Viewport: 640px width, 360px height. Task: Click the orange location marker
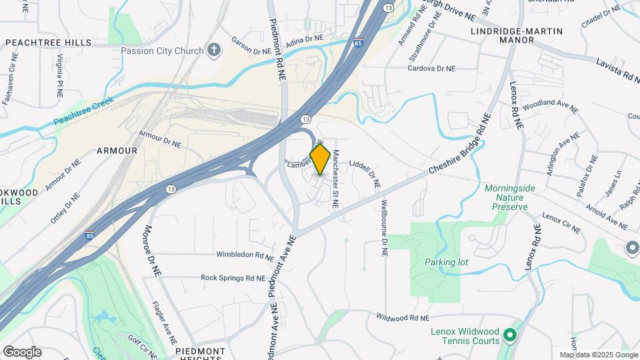321,159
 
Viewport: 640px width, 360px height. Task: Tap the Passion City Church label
163,51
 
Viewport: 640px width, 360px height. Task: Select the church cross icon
214,50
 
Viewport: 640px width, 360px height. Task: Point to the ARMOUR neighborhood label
117,151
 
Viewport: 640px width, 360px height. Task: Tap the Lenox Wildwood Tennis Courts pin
510,334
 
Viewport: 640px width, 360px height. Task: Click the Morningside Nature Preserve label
510,197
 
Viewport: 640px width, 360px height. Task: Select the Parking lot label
446,262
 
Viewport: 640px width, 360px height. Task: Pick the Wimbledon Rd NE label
245,255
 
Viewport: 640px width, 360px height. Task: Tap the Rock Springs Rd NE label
233,277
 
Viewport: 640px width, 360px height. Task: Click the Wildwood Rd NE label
403,318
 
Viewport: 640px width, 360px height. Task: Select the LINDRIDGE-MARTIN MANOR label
517,35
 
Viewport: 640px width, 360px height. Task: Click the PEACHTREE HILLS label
48,43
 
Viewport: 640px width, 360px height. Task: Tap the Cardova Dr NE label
431,68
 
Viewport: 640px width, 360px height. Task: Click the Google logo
22,352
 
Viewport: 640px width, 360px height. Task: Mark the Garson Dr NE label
251,45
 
